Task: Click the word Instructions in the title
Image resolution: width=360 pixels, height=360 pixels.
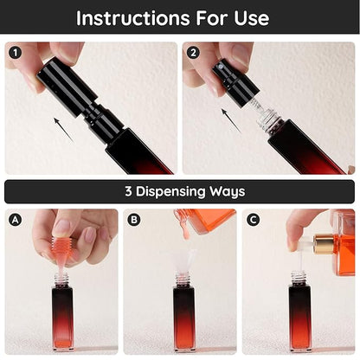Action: tap(133, 18)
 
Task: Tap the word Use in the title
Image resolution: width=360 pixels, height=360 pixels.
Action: tap(252, 18)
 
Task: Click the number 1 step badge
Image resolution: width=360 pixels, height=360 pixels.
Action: tap(15, 53)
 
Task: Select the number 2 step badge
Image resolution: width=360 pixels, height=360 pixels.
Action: tap(193, 53)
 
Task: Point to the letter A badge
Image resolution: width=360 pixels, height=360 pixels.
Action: tap(15, 220)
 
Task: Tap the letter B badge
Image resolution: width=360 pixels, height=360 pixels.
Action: tap(134, 220)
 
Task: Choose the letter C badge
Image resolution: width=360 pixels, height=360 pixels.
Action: tap(253, 220)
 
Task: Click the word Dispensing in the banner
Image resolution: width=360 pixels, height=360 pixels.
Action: tap(170, 192)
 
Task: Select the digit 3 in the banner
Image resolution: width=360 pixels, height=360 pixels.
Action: tap(128, 191)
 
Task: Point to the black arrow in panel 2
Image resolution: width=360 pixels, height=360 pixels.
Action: tap(231, 119)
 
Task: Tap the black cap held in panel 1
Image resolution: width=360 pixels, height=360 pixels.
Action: tap(67, 87)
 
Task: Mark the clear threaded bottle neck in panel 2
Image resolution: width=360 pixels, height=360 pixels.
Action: tap(268, 119)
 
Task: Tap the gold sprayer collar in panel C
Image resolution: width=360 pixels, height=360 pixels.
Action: tap(324, 244)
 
